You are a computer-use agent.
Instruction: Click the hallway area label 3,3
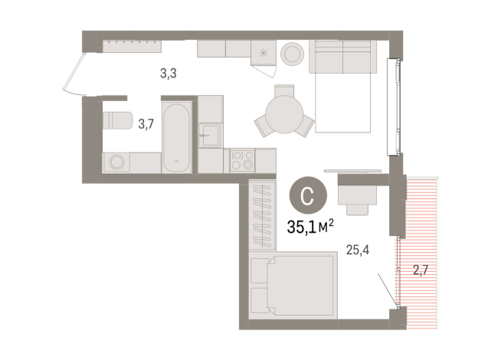pyautogui.click(x=167, y=74)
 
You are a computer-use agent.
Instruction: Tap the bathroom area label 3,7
pyautogui.click(x=146, y=123)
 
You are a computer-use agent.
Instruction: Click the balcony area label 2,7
pyautogui.click(x=422, y=270)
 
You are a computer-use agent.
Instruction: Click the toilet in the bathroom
pyautogui.click(x=117, y=121)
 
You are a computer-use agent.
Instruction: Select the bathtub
pyautogui.click(x=177, y=133)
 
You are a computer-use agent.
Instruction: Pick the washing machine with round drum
pyautogui.click(x=117, y=162)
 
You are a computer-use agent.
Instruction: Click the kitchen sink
pyautogui.click(x=209, y=137)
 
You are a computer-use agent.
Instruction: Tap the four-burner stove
pyautogui.click(x=243, y=161)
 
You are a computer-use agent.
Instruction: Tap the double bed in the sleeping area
pyautogui.click(x=293, y=284)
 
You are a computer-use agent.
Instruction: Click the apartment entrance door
pyautogui.click(x=74, y=73)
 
